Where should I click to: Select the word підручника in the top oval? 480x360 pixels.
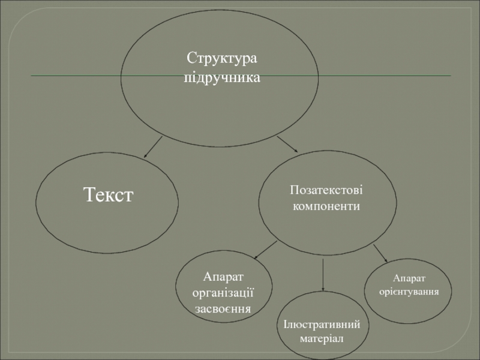pos(222,78)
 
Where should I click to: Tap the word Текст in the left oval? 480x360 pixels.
pos(108,194)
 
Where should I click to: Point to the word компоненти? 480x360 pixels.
pos(326,206)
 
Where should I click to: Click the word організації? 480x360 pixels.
pos(223,293)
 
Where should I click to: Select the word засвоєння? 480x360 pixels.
pos(223,308)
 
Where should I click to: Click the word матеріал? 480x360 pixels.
pos(322,339)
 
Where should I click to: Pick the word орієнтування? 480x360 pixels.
pos(409,291)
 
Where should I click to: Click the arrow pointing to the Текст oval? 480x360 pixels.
pos(154,146)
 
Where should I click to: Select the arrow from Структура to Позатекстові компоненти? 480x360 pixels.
pos(287,144)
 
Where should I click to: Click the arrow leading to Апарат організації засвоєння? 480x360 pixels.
pos(266,250)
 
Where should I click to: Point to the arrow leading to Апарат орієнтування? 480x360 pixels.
pos(380,252)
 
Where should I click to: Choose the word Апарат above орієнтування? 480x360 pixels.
pos(409,278)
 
